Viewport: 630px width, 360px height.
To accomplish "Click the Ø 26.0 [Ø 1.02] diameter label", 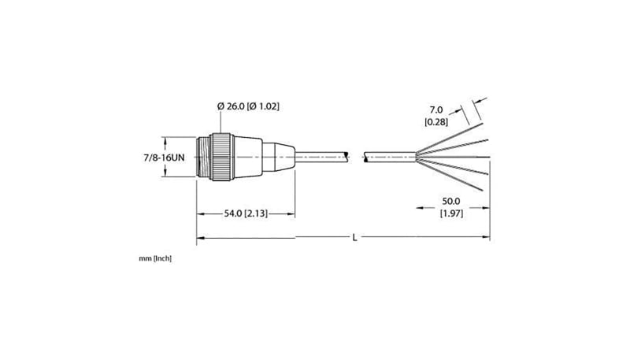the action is coord(248,106).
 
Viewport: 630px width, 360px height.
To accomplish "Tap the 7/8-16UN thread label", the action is coord(165,158).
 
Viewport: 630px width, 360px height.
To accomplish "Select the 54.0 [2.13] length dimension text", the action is coord(246,213).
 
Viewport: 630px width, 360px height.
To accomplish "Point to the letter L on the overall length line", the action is coord(354,238).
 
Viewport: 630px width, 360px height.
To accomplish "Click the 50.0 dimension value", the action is coord(450,202).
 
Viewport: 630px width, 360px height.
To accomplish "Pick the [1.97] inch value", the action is coord(451,213).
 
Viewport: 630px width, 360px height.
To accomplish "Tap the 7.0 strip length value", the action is coord(436,109).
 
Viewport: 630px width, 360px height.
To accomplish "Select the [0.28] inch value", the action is coord(436,122).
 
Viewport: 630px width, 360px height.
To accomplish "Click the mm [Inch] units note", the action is coord(155,258).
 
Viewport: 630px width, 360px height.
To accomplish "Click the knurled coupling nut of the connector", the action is coord(223,157).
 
